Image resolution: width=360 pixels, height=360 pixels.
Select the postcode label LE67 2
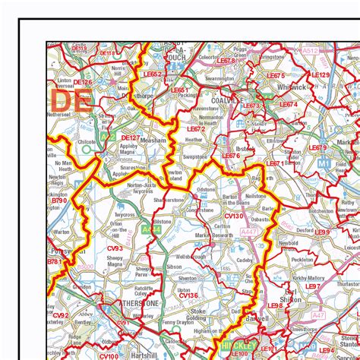click(197, 129)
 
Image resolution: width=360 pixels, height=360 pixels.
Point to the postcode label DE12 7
click(131, 138)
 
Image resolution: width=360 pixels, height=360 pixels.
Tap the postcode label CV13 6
click(188, 295)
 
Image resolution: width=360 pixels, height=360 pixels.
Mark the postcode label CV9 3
click(115, 248)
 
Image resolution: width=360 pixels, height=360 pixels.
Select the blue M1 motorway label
click(324, 163)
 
